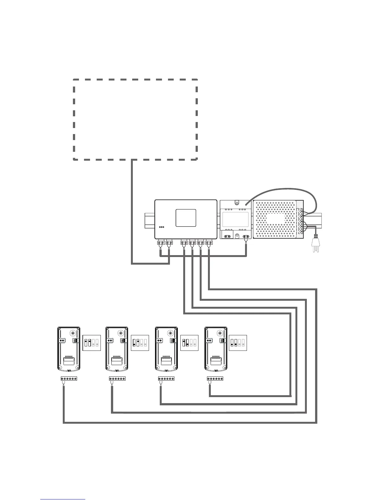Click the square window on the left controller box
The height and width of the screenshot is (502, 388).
[186, 218]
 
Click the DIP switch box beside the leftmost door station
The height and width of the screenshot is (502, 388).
[91, 343]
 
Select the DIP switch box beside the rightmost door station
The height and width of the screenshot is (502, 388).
[238, 343]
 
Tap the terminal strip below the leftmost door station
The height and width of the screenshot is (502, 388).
[69, 378]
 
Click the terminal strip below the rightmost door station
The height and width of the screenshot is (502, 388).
[215, 378]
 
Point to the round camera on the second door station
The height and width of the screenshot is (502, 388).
[122, 333]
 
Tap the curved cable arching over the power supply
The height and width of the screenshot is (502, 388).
[282, 190]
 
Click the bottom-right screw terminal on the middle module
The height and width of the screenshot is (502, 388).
[246, 236]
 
